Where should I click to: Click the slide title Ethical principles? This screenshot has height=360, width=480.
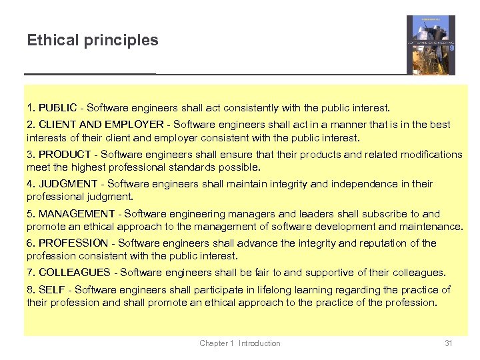pyautogui.click(x=93, y=40)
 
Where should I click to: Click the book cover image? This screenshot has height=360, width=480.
pyautogui.click(x=431, y=45)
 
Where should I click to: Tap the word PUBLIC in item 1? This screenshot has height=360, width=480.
pyautogui.click(x=57, y=107)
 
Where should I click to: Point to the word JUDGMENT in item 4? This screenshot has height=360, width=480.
pyautogui.click(x=69, y=183)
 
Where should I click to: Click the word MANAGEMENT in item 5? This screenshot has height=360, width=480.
pyautogui.click(x=77, y=213)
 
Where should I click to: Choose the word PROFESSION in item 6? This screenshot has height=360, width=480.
pyautogui.click(x=73, y=243)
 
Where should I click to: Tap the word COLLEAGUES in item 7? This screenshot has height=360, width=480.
pyautogui.click(x=75, y=272)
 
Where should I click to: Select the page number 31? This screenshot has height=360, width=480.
pyautogui.click(x=449, y=343)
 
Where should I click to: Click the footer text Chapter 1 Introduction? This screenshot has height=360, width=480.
pyautogui.click(x=240, y=343)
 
